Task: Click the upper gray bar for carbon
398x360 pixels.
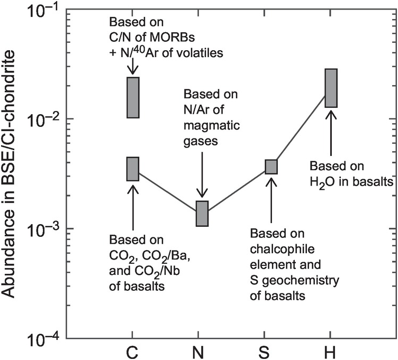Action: coord(132,97)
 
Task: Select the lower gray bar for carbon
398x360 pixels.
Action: coord(132,169)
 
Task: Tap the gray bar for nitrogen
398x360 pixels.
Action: coord(203,214)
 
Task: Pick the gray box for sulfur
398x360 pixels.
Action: coord(271,167)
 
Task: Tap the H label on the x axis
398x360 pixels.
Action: coord(331,351)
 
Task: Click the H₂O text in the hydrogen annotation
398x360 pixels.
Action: coord(323,182)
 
